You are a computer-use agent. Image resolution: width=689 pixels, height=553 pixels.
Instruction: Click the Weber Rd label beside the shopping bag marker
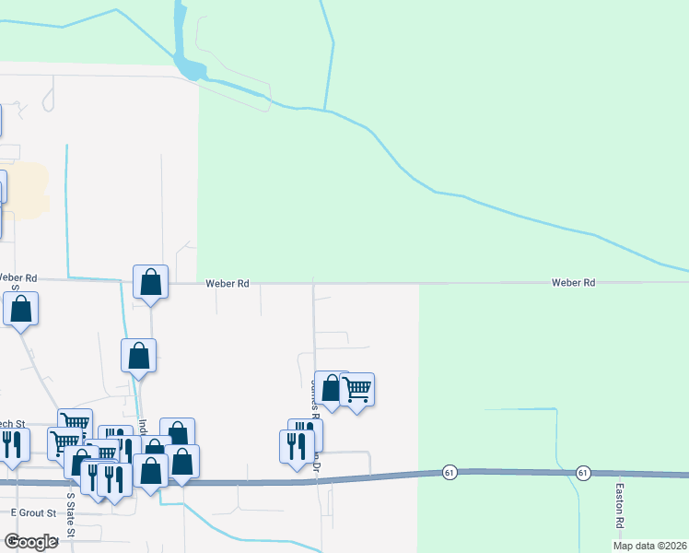[228, 284]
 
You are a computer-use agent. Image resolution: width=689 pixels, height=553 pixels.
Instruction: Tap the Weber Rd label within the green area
[574, 283]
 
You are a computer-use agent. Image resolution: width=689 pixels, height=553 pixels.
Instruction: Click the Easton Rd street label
[621, 506]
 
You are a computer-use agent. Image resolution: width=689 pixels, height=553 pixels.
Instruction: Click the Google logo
[31, 542]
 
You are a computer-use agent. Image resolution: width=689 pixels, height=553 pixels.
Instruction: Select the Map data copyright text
[649, 546]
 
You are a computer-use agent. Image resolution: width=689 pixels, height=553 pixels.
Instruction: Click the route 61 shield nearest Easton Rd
[583, 472]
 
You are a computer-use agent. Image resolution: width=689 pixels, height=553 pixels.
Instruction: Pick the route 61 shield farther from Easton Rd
[449, 472]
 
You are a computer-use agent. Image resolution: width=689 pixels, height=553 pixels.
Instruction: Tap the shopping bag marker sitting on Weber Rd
[150, 282]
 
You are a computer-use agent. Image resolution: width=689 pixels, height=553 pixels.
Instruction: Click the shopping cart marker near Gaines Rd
[356, 390]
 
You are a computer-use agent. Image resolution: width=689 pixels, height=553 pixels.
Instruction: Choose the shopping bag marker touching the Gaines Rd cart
[330, 387]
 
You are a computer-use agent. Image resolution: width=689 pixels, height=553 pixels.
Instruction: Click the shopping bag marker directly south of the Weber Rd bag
[138, 356]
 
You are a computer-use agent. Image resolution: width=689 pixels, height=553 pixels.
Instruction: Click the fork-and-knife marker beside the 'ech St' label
[12, 444]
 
